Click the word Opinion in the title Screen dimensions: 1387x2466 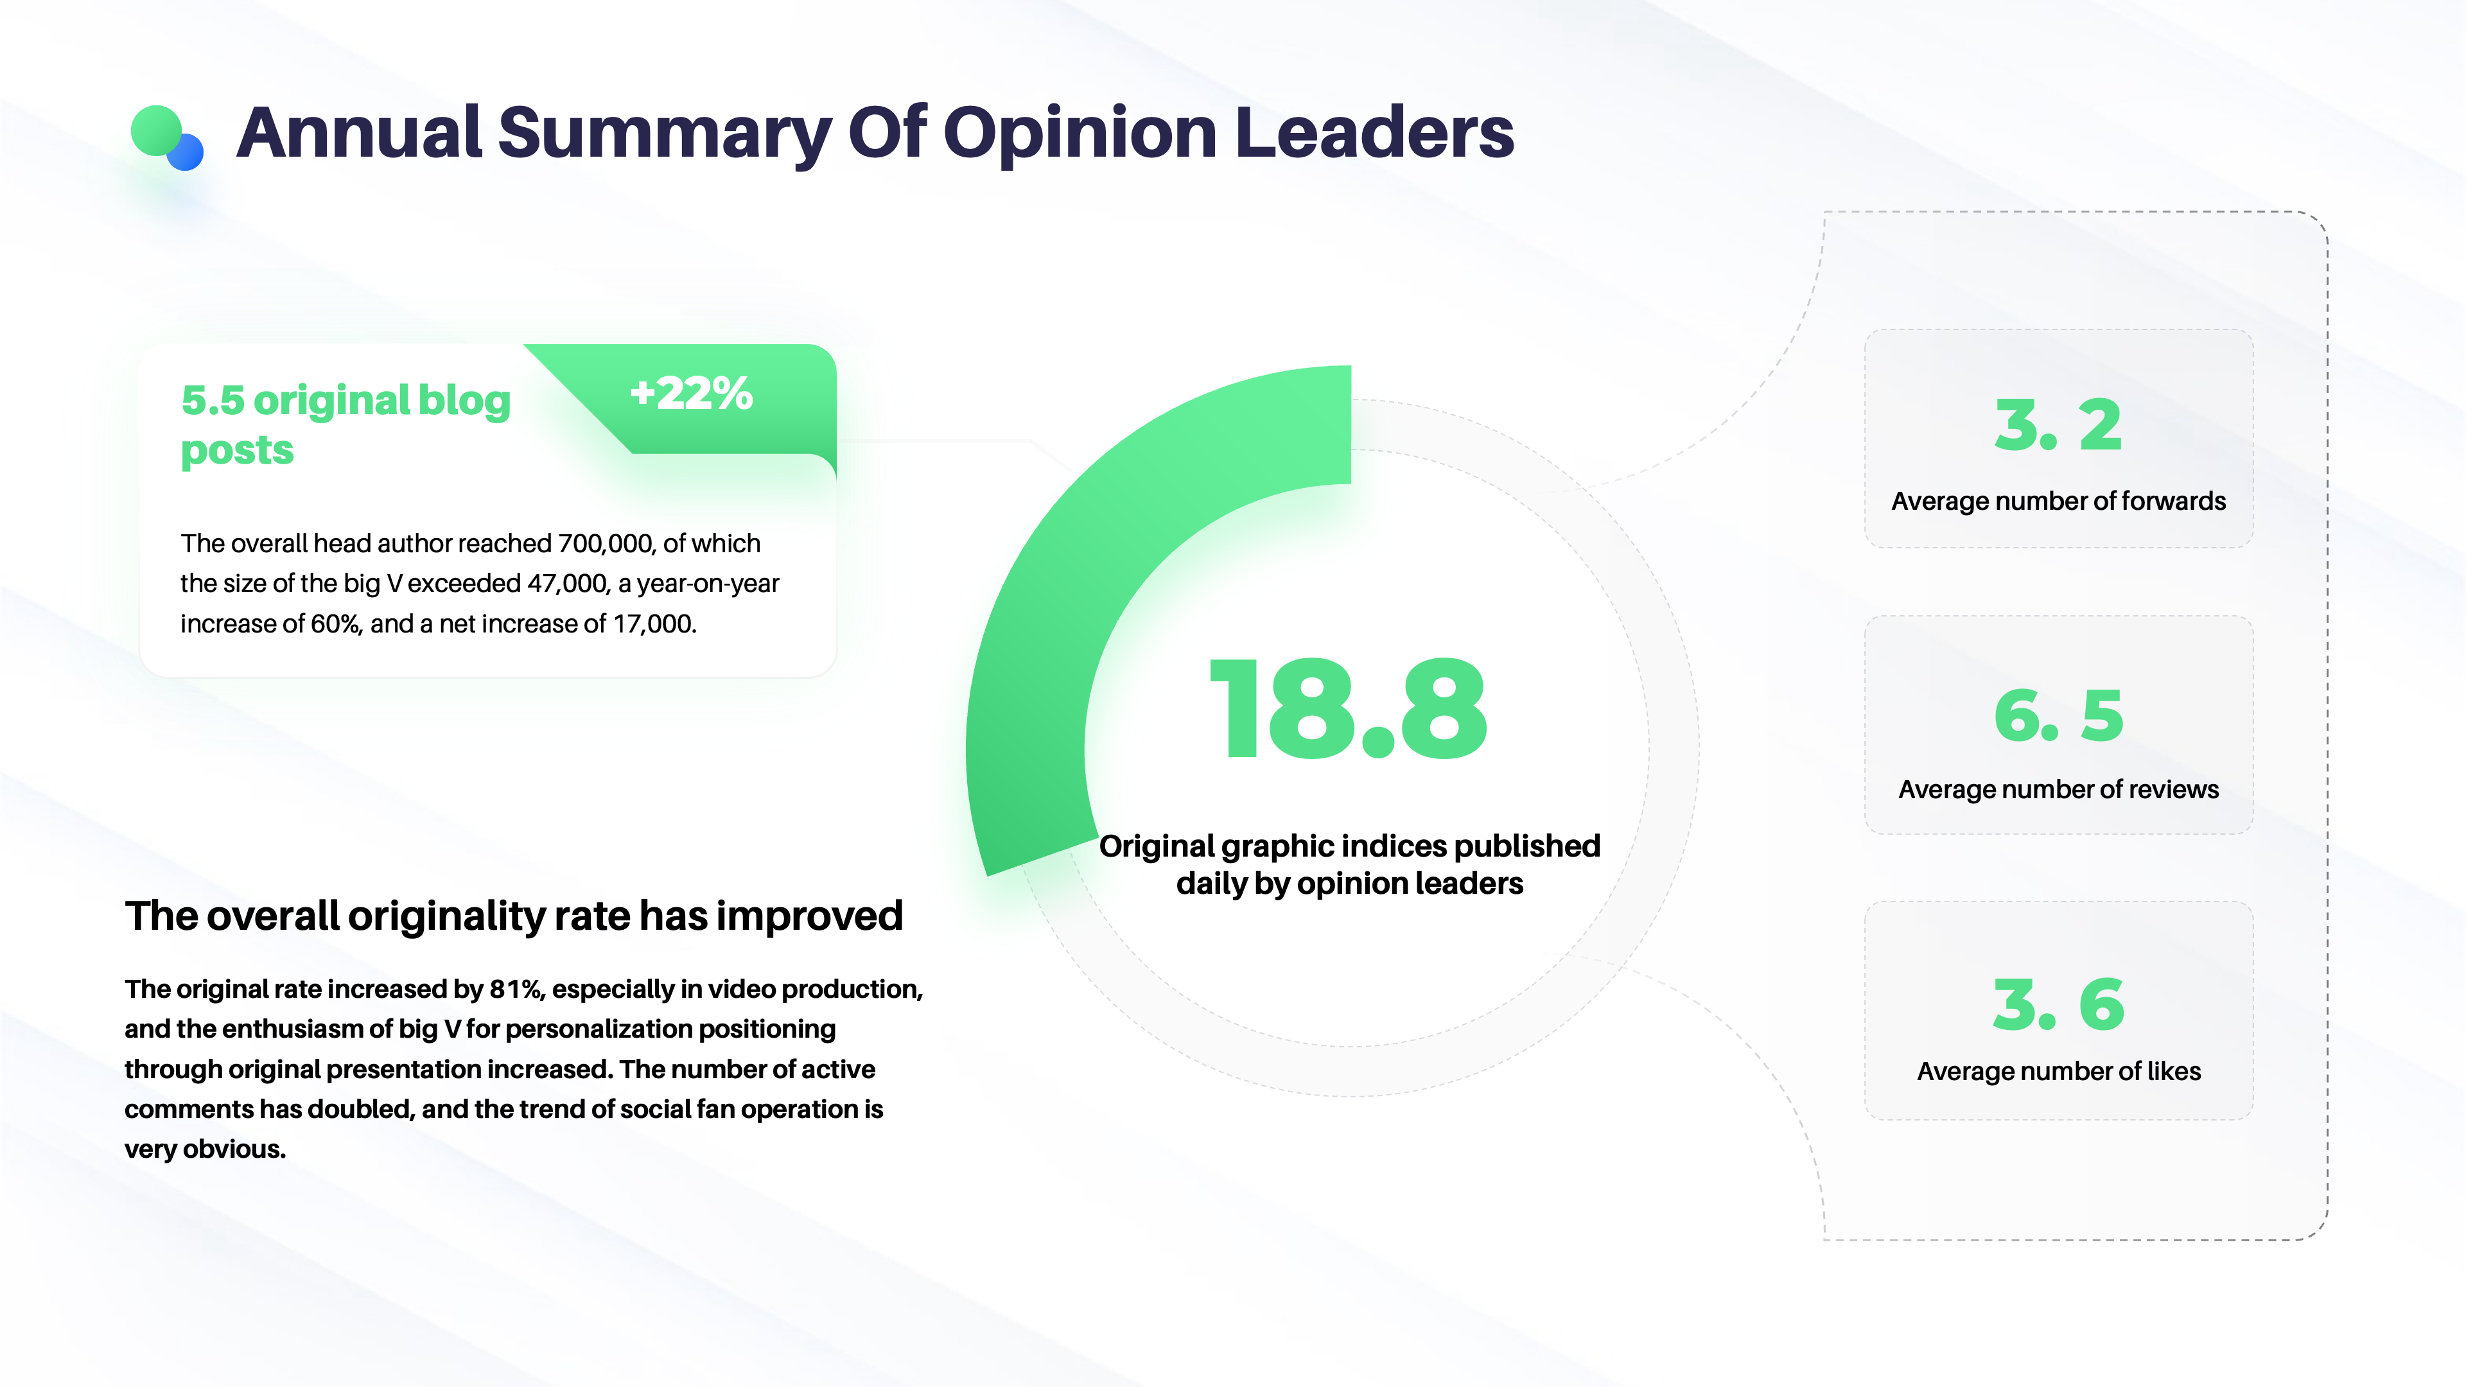click(1079, 134)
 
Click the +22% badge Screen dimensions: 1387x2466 click(691, 394)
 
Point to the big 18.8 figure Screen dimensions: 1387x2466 click(1348, 710)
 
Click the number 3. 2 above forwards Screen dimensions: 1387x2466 click(2058, 425)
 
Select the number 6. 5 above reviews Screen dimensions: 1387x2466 click(2058, 715)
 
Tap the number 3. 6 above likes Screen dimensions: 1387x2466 click(2058, 1004)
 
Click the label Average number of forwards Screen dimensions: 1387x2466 click(2058, 501)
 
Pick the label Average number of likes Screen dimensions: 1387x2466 click(2058, 1070)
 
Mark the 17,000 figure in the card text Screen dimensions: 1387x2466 click(653, 624)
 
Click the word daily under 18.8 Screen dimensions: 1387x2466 click(1212, 884)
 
